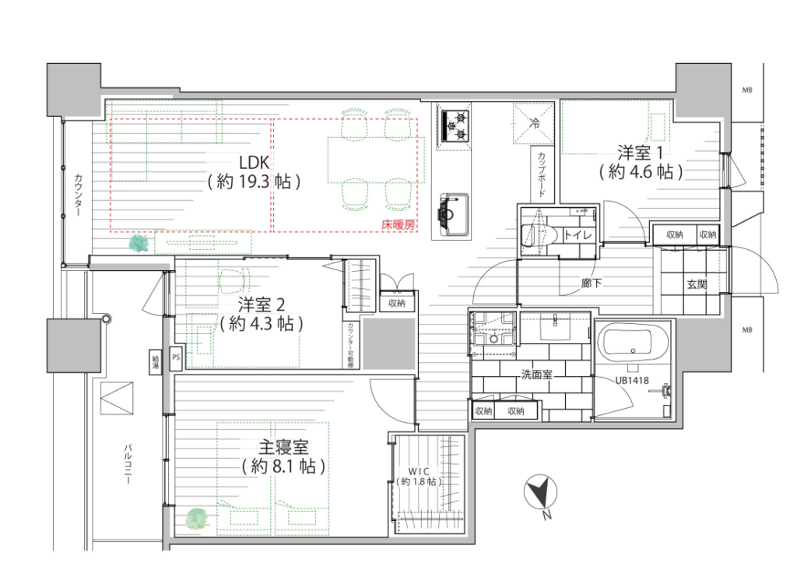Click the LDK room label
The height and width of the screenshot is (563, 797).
[255, 163]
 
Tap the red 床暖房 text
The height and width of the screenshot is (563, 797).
[398, 224]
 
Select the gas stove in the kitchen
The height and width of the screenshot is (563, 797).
[454, 126]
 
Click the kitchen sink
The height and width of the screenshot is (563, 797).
[452, 214]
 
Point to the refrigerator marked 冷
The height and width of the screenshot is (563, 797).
[533, 123]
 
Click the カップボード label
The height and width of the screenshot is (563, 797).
[542, 174]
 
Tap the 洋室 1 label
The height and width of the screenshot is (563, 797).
[641, 153]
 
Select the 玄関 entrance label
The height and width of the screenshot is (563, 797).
[697, 284]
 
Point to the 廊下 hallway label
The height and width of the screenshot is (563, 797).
[592, 283]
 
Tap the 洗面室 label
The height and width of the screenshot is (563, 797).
[537, 375]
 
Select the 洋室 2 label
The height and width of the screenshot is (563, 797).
[262, 305]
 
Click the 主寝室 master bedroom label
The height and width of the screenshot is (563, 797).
[283, 448]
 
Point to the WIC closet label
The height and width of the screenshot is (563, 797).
[418, 472]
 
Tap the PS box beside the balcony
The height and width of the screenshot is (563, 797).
[176, 357]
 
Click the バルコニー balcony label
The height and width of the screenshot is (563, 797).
[128, 464]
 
